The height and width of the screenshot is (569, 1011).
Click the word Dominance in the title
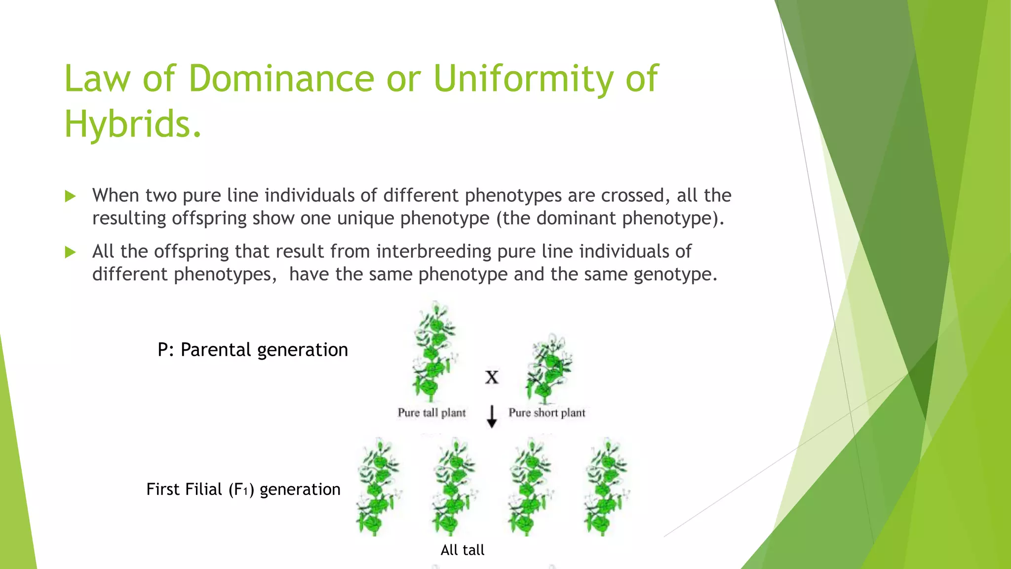point(281,79)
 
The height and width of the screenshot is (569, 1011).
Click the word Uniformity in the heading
point(523,79)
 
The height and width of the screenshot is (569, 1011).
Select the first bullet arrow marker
point(71,197)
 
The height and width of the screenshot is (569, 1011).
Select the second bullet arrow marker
point(71,252)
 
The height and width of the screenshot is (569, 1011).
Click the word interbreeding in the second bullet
point(433,251)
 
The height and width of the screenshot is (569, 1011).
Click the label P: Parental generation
point(253,350)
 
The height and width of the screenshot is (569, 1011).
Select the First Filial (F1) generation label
point(243,489)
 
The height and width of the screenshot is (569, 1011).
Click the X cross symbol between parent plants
point(492,378)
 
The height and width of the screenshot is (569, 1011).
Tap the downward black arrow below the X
point(492,416)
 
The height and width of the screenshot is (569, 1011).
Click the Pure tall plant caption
point(431,412)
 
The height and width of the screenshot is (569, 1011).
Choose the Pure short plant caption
point(547,412)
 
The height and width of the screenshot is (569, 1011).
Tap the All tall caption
point(463,550)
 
